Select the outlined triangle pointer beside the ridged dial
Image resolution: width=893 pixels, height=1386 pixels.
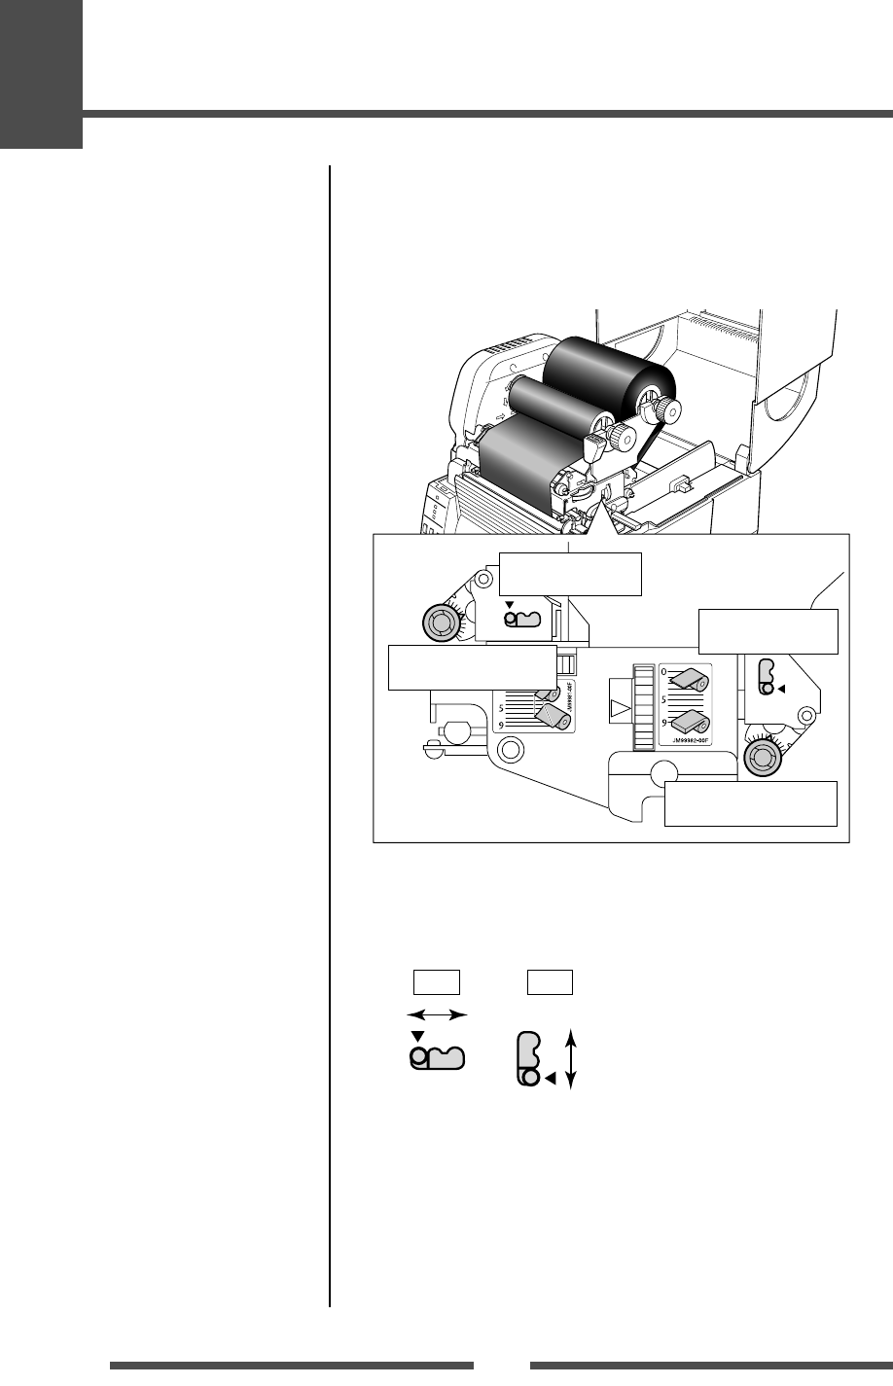pos(619,707)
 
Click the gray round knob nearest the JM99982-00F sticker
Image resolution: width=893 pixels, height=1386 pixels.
pos(763,758)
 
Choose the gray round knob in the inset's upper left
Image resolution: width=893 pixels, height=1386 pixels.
pos(442,621)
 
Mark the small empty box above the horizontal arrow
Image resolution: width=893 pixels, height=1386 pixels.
pos(437,981)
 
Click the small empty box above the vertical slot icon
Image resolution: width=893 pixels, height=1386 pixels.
pos(550,981)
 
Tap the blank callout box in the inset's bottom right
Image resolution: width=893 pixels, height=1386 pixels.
pos(751,803)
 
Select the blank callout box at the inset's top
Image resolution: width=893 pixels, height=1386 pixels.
pos(570,573)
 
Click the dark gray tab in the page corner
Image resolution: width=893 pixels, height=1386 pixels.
pos(41,74)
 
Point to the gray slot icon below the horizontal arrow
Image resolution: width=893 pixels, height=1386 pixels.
pos(438,1056)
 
